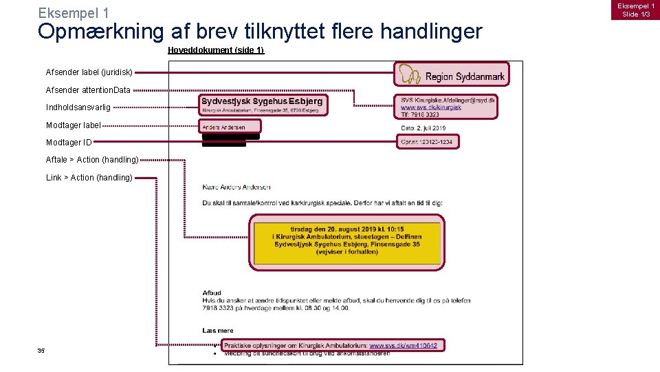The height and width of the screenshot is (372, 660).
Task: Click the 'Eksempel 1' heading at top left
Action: (74, 13)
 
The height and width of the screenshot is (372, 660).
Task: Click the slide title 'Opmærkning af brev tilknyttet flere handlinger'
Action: (260, 32)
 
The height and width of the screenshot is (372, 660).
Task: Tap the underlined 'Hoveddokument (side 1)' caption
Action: (216, 50)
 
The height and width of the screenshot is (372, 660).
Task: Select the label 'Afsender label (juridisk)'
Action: (89, 72)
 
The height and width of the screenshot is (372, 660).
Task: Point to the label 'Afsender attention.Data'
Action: (88, 90)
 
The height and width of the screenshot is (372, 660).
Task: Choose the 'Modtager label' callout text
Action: (73, 125)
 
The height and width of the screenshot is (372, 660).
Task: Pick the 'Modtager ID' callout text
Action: (69, 143)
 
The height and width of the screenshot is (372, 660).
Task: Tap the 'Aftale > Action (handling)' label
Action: (92, 160)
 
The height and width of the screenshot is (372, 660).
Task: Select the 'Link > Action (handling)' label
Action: (89, 178)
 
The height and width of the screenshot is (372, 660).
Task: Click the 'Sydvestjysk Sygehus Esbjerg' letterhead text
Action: (262, 101)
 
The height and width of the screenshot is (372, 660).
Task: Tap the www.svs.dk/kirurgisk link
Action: (431, 107)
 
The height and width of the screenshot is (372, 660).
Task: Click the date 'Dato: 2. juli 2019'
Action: (423, 128)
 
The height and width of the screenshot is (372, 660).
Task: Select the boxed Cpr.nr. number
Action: (428, 141)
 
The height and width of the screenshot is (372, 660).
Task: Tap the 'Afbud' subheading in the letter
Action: (212, 293)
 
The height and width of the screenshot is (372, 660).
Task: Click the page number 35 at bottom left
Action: (41, 351)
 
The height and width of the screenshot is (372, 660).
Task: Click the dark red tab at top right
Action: (638, 10)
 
